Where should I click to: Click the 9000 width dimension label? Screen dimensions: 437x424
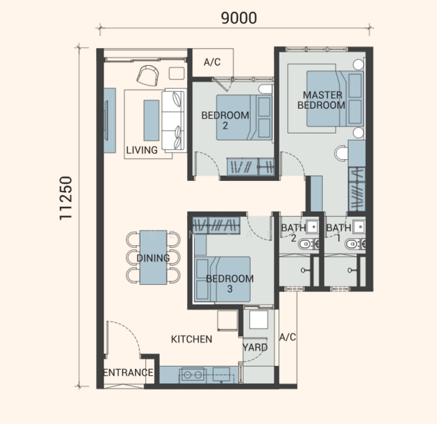pos(239,18)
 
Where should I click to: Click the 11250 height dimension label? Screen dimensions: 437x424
pos(66,198)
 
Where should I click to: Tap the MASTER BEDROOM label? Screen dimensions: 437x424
pos(321,100)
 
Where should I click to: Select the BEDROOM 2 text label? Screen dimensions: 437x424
pos(225,120)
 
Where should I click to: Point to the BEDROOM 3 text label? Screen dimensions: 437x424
pos(230,283)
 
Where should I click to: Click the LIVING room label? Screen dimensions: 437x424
pos(142,151)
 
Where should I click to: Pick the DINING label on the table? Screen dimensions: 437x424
pos(153,258)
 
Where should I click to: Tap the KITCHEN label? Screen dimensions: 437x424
pos(191,339)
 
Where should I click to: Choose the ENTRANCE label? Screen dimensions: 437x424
pos(128,372)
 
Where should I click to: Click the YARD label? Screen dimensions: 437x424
pos(255,348)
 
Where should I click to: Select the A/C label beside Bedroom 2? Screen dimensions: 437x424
pos(212,62)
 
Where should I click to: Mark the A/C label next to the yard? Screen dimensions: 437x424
pos(287,337)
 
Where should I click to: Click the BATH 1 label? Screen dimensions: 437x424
pos(339,233)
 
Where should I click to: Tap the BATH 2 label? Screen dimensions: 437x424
pos(293,233)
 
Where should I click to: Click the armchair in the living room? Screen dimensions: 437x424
pos(148,76)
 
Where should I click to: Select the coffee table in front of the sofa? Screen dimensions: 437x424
pos(151,120)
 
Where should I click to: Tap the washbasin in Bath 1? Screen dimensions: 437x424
pos(359,227)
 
